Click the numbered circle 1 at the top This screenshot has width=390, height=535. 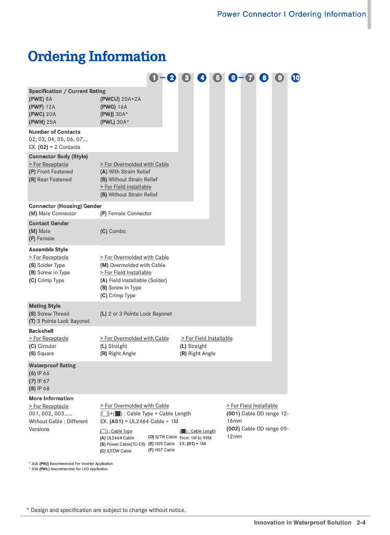click(x=154, y=78)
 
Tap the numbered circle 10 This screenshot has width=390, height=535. click(x=296, y=78)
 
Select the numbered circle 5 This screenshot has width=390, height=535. click(x=218, y=78)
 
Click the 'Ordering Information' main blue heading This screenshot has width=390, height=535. click(x=97, y=56)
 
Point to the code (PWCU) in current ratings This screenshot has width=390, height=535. click(x=110, y=99)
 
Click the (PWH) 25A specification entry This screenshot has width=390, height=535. click(x=42, y=122)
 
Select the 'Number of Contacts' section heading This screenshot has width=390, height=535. click(x=55, y=132)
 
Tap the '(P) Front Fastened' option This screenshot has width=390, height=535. click(x=51, y=171)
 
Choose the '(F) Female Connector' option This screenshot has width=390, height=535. click(x=126, y=213)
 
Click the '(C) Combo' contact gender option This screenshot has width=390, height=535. click(x=113, y=231)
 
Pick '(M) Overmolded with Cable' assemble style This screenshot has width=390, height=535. click(x=132, y=265)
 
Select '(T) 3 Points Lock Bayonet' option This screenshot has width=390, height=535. click(x=59, y=321)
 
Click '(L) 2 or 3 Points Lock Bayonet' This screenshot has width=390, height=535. click(x=136, y=313)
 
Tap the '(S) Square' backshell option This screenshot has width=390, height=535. click(x=41, y=353)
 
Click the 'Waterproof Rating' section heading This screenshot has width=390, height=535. click(x=52, y=366)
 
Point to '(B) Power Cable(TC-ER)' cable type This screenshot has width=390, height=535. click(x=123, y=444)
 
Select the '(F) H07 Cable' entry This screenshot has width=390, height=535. click(x=162, y=450)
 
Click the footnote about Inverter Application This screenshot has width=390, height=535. click(x=71, y=463)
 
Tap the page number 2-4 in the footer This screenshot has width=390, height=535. click(x=361, y=522)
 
